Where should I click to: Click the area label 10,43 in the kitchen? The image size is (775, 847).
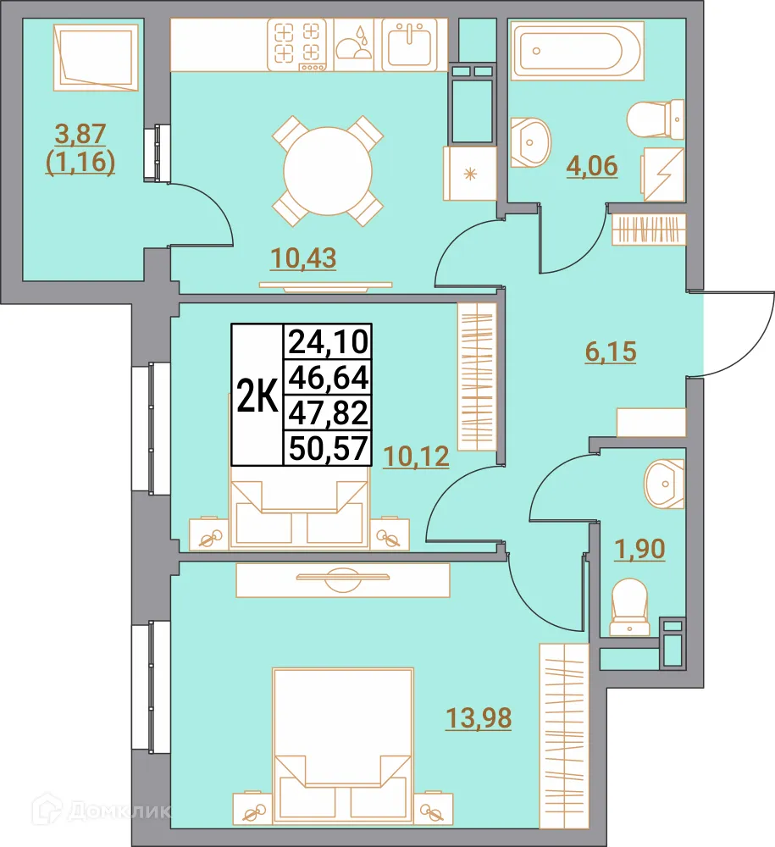pos(303,257)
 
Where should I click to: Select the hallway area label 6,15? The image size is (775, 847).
pos(610,351)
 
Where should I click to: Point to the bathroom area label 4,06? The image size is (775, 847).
pos(592,165)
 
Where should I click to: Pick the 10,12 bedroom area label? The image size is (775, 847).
pos(415,457)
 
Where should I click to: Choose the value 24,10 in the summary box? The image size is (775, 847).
pos(327,342)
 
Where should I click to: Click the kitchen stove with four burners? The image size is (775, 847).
pos(297,44)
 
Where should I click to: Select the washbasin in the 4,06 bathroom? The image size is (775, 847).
pos(531,139)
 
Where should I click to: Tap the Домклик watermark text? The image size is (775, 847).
pos(119,811)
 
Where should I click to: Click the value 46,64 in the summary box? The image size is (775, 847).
pos(327,378)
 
